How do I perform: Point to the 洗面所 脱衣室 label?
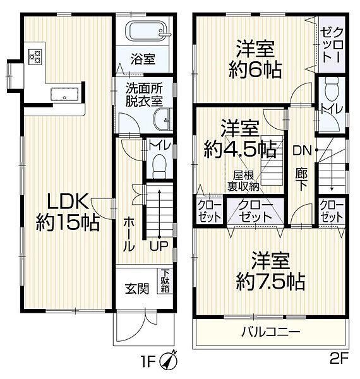click(x=142, y=95)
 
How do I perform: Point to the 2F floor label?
click(x=339, y=361)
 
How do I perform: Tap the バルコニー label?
click(x=270, y=330)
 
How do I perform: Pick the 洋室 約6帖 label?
click(x=255, y=58)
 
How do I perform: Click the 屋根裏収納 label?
click(x=243, y=181)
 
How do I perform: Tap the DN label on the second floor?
click(x=302, y=150)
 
